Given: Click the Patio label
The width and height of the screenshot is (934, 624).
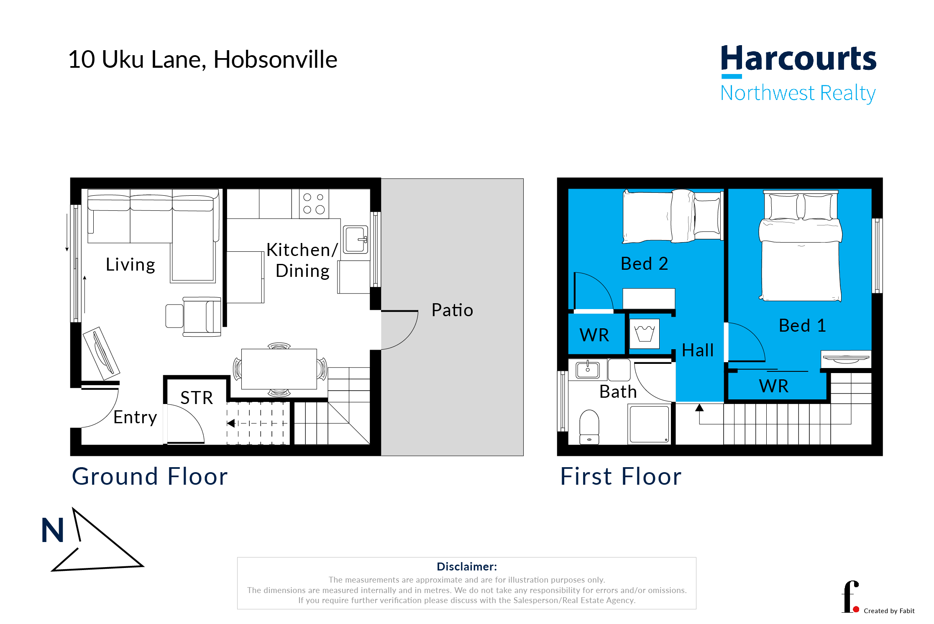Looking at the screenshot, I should (452, 310).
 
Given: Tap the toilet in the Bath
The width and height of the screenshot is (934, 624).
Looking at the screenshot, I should (589, 427).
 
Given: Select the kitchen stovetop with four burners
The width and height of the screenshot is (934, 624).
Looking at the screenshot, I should (314, 204).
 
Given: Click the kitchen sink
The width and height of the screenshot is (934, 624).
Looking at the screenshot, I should (355, 240).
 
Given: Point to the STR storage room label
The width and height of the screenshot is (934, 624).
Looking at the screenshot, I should (197, 397).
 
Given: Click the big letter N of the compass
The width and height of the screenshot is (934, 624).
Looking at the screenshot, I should (52, 530).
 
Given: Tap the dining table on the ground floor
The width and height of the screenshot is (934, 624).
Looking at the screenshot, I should (279, 369).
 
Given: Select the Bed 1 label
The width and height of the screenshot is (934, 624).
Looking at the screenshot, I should (802, 325).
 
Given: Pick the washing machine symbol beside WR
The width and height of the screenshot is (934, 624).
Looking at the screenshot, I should (644, 334).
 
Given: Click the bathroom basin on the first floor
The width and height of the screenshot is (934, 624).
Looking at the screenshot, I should (587, 370).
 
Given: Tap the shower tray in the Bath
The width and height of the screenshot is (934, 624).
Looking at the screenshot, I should (649, 424).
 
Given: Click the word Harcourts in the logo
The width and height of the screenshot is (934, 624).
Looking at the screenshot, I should (798, 59).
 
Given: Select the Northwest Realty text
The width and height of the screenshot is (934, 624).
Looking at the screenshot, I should (798, 93).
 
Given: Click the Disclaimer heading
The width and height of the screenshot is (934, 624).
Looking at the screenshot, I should (466, 567).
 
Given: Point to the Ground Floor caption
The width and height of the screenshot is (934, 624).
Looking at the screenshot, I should (150, 476).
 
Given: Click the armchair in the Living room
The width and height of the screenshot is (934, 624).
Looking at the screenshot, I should (202, 317).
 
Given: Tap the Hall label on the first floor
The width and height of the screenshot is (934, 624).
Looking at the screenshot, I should (697, 350).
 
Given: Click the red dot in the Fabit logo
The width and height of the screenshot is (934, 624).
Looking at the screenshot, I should (856, 609).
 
